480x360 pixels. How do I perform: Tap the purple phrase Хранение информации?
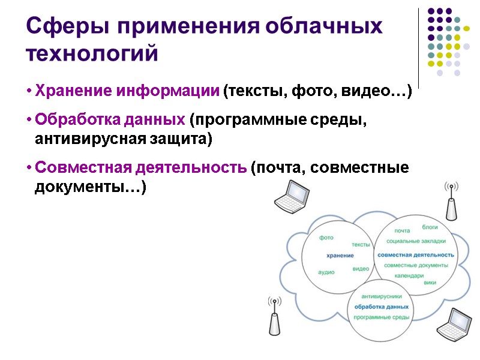(x=127, y=92)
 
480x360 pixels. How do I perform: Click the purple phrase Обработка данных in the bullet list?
(x=110, y=119)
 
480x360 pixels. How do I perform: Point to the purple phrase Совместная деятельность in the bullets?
(x=140, y=167)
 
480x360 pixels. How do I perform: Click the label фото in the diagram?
(x=326, y=238)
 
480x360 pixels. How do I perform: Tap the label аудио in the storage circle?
(x=326, y=272)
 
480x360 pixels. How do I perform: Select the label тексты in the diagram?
(x=361, y=245)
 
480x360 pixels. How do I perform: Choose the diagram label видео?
(x=361, y=269)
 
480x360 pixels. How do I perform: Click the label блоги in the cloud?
(x=430, y=227)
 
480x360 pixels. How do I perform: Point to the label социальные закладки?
(x=416, y=241)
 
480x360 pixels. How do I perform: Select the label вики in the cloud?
(x=429, y=282)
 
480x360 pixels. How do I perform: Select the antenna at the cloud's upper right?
(x=451, y=202)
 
